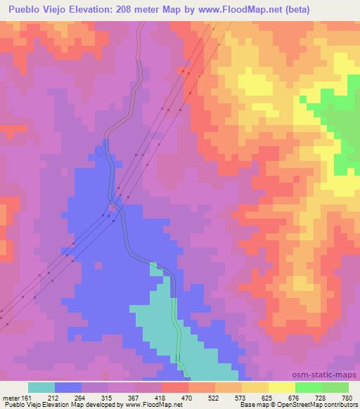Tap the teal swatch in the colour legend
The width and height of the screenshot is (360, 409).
click(41, 387)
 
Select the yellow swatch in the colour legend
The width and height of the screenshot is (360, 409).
click(281, 387)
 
